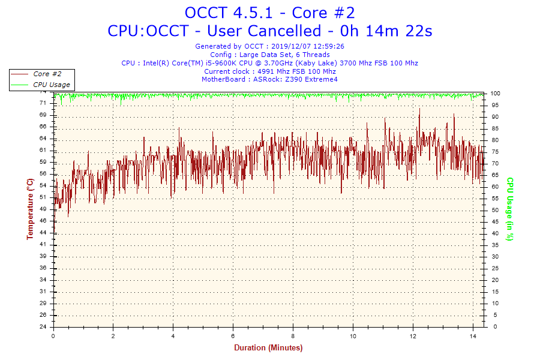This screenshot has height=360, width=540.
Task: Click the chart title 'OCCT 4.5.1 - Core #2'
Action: coord(269,13)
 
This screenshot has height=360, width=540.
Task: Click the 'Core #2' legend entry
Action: coord(47,74)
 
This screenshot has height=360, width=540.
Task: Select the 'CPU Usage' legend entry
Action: coord(51,85)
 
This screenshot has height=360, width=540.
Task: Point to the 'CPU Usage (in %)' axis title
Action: coord(510,209)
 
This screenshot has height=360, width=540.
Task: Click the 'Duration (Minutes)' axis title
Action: coord(268,348)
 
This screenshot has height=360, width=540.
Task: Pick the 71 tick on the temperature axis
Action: coord(43,103)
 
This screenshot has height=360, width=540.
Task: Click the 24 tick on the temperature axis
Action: coord(43,327)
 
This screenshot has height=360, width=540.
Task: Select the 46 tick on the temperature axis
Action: coord(43,221)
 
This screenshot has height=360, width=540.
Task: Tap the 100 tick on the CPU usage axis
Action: coord(496,94)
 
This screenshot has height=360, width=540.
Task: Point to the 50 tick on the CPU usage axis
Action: coord(494,210)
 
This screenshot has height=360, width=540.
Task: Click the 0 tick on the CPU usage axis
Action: coord(493,327)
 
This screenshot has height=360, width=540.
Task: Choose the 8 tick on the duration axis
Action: coord(293,336)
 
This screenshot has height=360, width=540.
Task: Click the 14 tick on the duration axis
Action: coord(473,336)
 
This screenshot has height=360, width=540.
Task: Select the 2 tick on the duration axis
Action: coord(113,336)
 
